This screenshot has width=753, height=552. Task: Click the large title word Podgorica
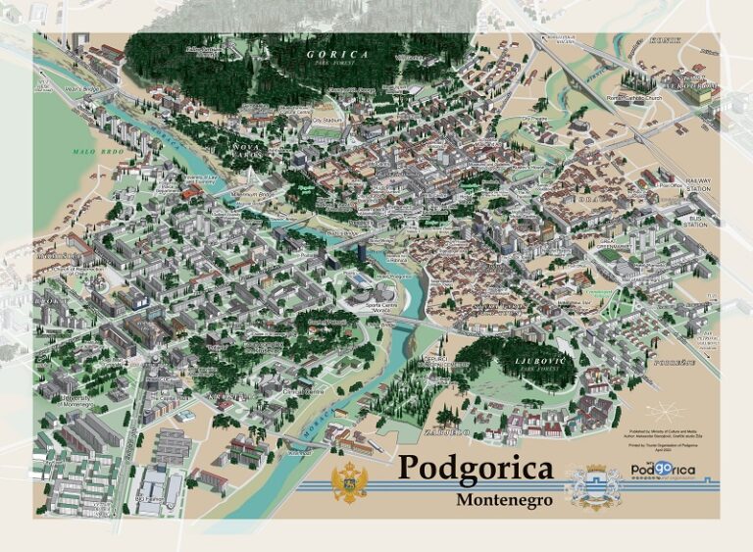pyautogui.click(x=475, y=469)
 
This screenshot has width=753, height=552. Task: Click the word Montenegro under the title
pyautogui.click(x=504, y=499)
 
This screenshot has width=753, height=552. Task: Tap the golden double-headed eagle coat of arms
pyautogui.click(x=349, y=484)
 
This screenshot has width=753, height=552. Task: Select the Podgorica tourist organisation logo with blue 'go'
pyautogui.click(x=663, y=471)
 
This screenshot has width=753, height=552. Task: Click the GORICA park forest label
pyautogui.click(x=337, y=56)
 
